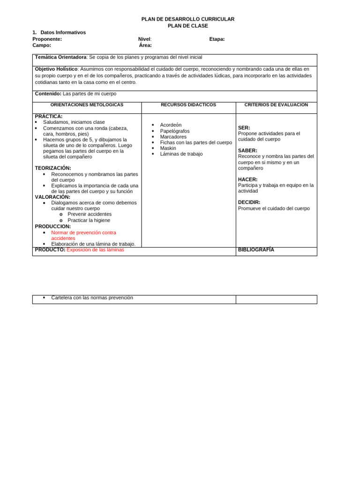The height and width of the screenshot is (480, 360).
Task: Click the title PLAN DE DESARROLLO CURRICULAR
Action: (188, 19)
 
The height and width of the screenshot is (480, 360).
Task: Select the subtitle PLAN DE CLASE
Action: (188, 26)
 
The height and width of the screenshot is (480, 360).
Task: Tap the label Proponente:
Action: (47, 39)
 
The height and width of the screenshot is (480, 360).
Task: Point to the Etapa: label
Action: (217, 39)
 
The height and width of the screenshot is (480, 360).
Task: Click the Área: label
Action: (145, 45)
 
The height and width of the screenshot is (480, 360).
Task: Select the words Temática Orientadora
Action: (60, 57)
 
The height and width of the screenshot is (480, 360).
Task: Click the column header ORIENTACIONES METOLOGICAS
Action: (87, 105)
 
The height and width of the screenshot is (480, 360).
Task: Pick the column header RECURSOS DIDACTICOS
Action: (188, 105)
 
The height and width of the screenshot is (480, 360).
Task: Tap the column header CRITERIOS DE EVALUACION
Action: (276, 105)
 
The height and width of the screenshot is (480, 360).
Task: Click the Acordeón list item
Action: (171, 125)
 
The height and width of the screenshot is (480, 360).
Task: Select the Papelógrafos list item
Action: (175, 131)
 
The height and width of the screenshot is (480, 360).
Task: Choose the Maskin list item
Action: (168, 148)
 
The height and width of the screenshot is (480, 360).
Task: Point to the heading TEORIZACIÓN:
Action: (53, 168)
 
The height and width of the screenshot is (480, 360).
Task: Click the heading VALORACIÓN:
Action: (52, 197)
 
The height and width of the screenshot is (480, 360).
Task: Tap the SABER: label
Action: (247, 150)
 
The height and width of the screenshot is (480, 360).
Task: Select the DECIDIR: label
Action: (249, 202)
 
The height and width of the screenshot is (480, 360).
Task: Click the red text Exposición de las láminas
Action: (95, 250)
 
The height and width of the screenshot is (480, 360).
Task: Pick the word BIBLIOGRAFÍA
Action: (256, 250)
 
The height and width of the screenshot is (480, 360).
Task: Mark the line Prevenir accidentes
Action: (90, 214)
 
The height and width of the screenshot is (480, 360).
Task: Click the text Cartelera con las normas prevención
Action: (92, 298)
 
